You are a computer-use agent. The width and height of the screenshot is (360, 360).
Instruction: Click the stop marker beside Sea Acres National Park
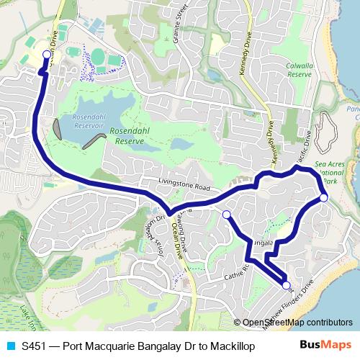pyautogui.click(x=323, y=197)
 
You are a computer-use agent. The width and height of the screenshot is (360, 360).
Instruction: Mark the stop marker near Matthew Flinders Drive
pyautogui.click(x=287, y=286)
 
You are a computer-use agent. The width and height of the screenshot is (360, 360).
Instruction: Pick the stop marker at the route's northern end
pyautogui.click(x=47, y=54)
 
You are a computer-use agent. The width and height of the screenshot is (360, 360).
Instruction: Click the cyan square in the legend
pyautogui.click(x=9, y=345)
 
